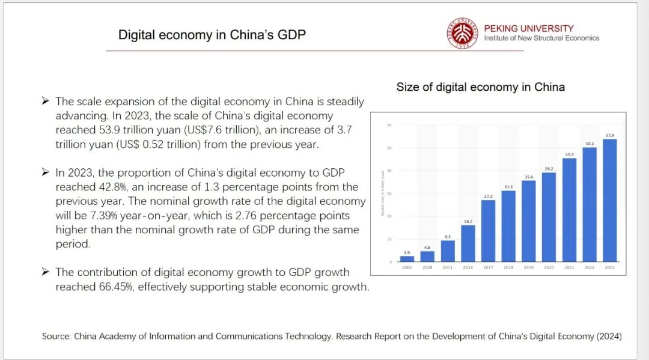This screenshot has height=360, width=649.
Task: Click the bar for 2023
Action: click(609, 201)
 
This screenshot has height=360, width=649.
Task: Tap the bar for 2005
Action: click(407, 259)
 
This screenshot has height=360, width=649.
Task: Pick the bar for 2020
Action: click(549, 217)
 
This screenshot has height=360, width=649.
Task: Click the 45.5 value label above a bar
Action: click(569, 154)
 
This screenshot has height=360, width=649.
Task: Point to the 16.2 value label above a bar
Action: click(468, 221)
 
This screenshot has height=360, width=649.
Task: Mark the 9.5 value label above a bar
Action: click(448, 237)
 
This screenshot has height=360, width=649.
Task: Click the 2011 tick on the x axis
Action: click(448, 267)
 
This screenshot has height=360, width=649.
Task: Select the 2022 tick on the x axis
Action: click(590, 267)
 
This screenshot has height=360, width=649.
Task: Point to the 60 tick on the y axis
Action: click(389, 125)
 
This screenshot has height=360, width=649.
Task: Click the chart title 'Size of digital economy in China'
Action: click(480, 87)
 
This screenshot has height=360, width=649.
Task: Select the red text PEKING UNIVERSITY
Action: click(528, 28)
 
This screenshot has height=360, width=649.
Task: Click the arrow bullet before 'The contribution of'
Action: click(45, 272)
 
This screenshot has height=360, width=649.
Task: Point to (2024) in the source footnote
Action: click(609, 337)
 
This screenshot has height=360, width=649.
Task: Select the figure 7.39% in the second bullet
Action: click(99, 216)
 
